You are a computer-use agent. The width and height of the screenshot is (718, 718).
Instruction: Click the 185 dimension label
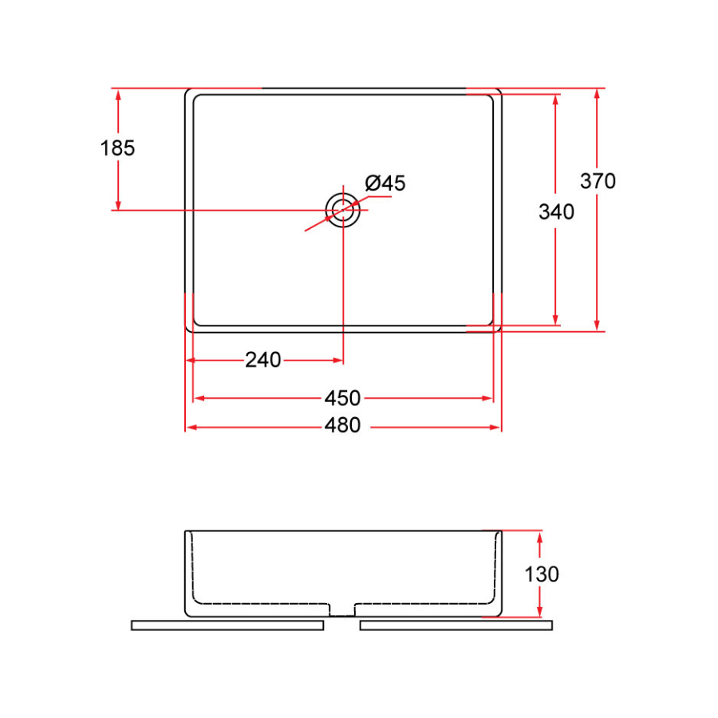(118, 148)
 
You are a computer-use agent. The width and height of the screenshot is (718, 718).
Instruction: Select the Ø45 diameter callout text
(385, 183)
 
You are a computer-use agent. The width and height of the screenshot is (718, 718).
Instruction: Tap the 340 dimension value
(556, 212)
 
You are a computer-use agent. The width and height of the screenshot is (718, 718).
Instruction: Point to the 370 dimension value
(598, 181)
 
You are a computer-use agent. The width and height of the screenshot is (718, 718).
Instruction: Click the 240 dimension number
(262, 361)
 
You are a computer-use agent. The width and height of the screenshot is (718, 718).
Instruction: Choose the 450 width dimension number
(342, 397)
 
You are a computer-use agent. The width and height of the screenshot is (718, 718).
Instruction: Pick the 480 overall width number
(342, 426)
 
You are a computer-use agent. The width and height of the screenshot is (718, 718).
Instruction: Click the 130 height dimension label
(542, 574)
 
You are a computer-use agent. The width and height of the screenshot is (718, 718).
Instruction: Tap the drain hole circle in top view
(343, 211)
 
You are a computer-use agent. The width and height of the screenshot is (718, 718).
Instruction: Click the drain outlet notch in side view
(342, 610)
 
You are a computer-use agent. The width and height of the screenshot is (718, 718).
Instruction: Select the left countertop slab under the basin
(227, 625)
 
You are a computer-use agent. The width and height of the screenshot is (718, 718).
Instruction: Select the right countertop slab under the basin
(456, 625)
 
